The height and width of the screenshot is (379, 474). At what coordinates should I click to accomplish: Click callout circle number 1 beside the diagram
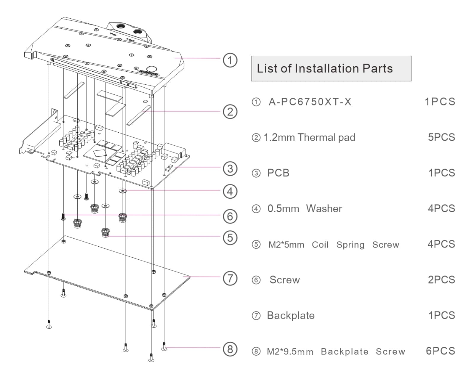coord(230,60)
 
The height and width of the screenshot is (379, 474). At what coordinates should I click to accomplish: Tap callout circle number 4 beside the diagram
coord(230,192)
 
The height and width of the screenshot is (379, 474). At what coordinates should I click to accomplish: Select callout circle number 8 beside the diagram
coord(230,349)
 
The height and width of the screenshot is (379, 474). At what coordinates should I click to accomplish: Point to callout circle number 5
coord(230,237)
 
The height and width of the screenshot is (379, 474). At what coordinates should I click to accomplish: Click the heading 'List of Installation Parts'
coord(325,68)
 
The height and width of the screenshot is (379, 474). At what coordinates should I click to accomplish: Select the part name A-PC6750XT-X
coord(310,102)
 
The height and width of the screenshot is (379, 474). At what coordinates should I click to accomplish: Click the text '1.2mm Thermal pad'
coord(309,137)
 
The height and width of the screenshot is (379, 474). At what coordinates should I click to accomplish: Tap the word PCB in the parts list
coord(278,173)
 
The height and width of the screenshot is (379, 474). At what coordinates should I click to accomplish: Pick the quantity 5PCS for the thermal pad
coord(441,137)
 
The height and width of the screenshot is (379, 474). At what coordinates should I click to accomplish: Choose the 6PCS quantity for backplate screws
coord(440,351)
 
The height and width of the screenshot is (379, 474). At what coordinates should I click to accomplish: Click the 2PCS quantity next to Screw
coord(441,280)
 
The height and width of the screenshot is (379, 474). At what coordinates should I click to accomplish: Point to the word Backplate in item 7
coord(291,316)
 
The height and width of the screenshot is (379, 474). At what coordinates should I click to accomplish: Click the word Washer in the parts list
coord(324,209)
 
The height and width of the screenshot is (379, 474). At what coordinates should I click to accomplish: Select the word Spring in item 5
coord(350,245)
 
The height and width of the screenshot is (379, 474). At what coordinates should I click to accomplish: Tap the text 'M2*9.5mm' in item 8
coord(290,352)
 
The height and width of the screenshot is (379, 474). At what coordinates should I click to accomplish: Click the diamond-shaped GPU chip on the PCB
coord(100,153)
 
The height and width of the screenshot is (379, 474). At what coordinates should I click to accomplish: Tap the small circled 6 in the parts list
coord(256,280)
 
